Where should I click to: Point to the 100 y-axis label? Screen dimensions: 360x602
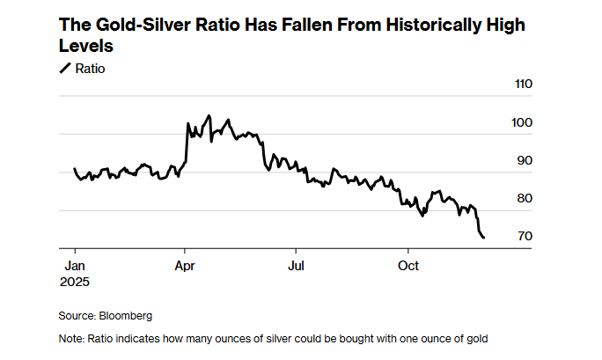click(x=522, y=122)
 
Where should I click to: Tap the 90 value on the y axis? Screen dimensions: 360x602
click(x=524, y=160)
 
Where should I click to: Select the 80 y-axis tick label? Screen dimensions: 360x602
click(x=524, y=198)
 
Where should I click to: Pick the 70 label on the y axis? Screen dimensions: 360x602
click(x=524, y=236)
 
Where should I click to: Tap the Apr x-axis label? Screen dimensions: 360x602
click(x=185, y=265)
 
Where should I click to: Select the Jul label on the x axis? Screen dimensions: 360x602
click(x=297, y=265)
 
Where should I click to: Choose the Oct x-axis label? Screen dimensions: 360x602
click(x=408, y=265)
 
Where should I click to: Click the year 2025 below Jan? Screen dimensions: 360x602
click(x=76, y=282)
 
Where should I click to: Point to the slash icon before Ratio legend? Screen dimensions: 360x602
click(x=64, y=68)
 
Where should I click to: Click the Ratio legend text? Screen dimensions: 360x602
click(x=91, y=68)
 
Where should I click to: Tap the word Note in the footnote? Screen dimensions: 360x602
click(x=70, y=339)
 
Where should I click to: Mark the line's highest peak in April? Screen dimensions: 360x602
click(x=209, y=115)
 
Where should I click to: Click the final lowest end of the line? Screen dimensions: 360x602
click(x=483, y=237)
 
